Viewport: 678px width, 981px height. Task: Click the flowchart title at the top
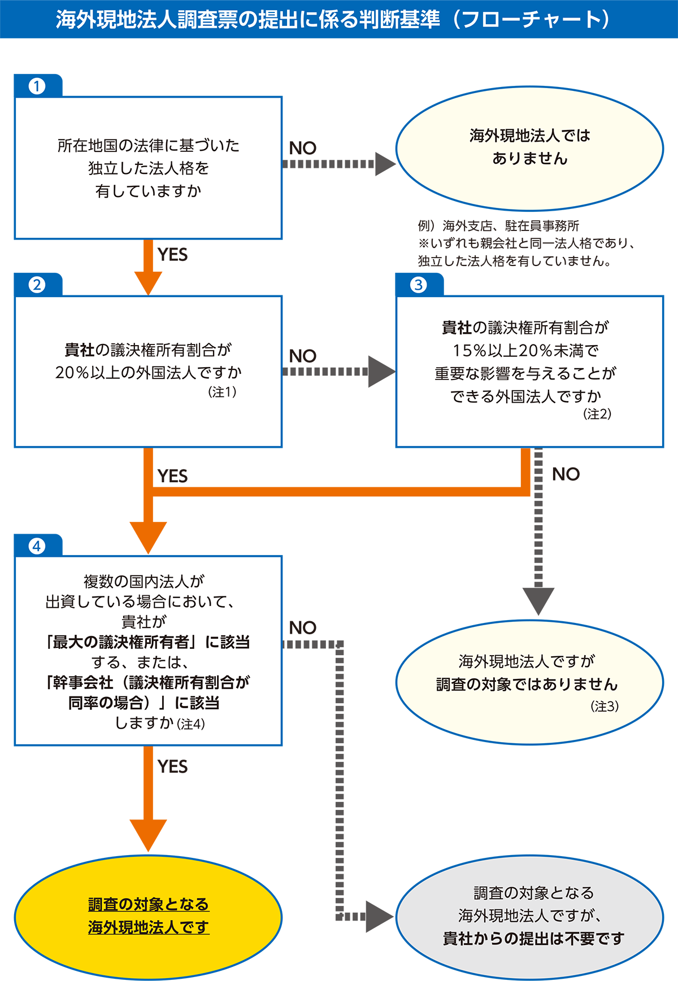333,20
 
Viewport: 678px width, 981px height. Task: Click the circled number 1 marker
37,86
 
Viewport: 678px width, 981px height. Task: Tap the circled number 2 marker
37,285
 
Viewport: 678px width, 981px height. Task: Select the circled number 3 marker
418,285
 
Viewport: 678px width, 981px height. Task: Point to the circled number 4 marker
37,546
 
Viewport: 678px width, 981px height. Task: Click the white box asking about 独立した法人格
148,168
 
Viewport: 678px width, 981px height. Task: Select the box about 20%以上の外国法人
148,371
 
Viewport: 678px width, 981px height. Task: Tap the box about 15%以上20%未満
529,371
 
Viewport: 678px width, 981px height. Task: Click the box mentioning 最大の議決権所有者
148,650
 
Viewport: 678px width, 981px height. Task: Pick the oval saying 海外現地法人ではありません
529,147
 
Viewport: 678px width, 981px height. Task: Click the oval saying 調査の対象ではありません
529,683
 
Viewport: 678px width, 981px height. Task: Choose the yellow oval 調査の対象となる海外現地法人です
148,916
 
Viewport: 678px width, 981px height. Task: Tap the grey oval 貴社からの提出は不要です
529,916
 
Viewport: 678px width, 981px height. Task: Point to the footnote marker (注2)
597,414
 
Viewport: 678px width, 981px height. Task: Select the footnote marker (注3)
605,707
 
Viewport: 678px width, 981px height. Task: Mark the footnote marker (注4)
191,724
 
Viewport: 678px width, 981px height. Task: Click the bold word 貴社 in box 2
79,350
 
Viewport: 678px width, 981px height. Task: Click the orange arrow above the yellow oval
148,813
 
